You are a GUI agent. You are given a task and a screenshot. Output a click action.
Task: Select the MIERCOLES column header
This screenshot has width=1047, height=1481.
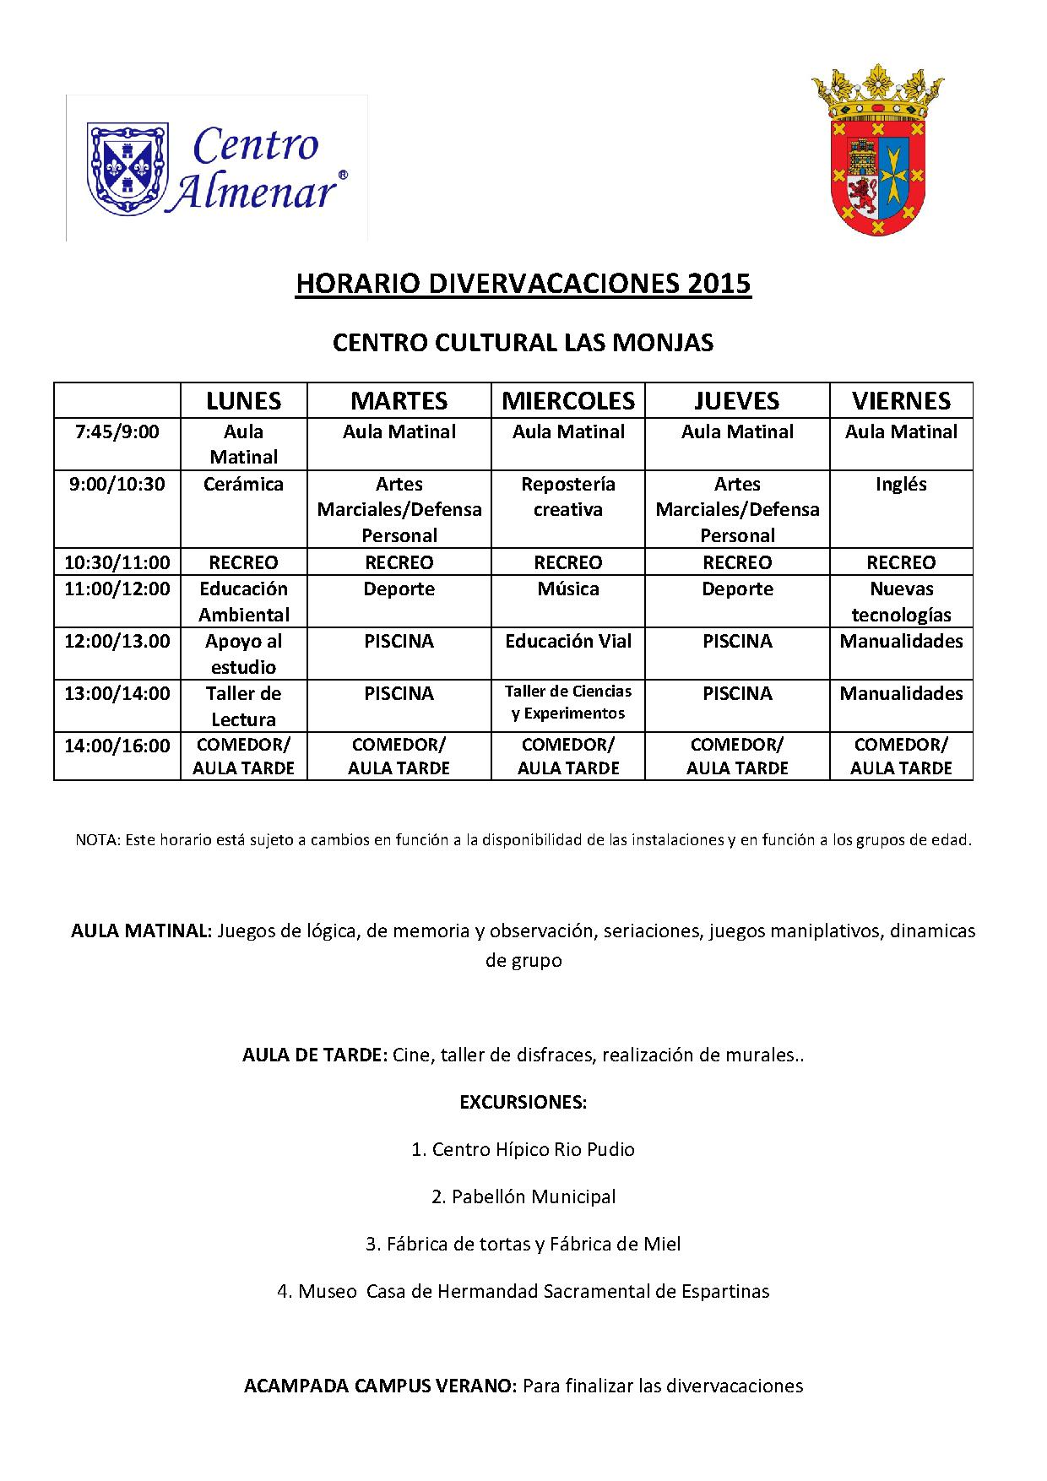click(568, 400)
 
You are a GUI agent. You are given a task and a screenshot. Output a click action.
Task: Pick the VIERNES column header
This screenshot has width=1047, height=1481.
click(901, 400)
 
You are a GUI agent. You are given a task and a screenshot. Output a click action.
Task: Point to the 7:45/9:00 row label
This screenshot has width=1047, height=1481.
click(117, 432)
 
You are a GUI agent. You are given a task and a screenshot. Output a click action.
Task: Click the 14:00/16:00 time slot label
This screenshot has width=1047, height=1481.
click(117, 746)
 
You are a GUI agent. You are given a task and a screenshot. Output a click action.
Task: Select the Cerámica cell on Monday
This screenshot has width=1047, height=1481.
click(244, 485)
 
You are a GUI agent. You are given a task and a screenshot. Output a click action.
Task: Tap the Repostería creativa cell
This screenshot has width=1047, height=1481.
click(568, 496)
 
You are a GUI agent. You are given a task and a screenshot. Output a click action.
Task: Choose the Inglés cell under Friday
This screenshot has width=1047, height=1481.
click(901, 485)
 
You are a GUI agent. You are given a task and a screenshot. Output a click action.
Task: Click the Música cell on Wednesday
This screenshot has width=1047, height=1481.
click(568, 589)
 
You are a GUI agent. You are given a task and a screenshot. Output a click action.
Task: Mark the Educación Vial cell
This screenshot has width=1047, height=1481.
click(568, 642)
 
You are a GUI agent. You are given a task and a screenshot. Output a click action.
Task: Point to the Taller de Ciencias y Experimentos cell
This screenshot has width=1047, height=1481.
click(568, 703)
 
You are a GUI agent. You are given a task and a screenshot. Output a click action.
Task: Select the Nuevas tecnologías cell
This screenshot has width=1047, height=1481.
click(901, 601)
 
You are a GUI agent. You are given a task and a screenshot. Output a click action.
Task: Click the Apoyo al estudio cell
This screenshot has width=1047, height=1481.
click(244, 654)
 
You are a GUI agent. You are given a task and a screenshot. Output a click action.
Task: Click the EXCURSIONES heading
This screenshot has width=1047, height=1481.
click(523, 1103)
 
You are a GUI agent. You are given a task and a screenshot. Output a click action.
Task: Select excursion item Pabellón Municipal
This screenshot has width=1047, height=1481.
click(523, 1196)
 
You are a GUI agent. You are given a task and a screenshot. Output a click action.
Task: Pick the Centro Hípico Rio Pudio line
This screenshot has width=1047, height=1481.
click(523, 1149)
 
